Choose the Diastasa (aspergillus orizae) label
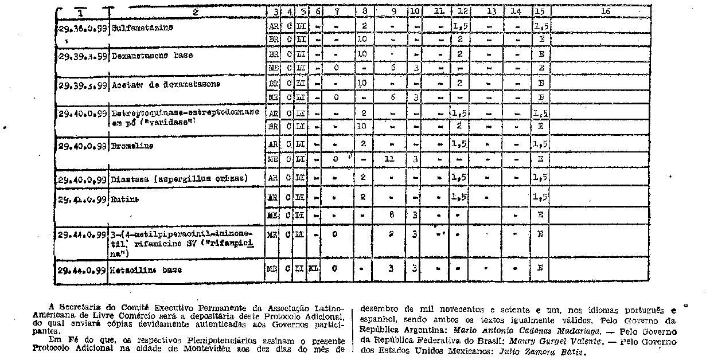[180, 178]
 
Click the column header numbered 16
[605, 10]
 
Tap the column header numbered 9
[393, 11]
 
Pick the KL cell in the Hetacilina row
[314, 268]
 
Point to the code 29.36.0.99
[83, 27]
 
